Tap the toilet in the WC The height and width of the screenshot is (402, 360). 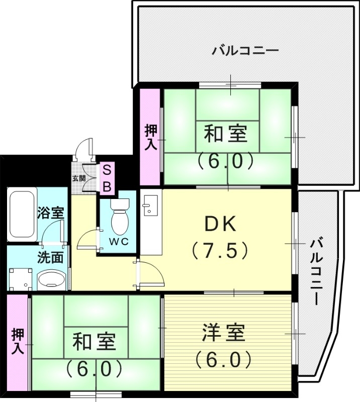click(119, 217)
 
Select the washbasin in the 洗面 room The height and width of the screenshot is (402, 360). click(51, 279)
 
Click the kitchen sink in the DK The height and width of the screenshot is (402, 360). click(149, 207)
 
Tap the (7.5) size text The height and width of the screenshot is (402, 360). click(220, 250)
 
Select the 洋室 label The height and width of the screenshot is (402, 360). click(224, 333)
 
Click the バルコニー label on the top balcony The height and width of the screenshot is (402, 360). click(245, 51)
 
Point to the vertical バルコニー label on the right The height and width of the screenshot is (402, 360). click(315, 272)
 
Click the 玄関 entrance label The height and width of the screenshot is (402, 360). click(78, 178)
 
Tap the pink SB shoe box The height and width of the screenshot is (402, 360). click(107, 178)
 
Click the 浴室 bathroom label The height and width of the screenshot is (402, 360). click(50, 212)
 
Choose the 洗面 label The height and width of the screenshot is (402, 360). click(50, 257)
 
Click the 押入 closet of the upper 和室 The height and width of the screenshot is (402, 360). click(150, 137)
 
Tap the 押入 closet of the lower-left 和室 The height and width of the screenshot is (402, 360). click(18, 342)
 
